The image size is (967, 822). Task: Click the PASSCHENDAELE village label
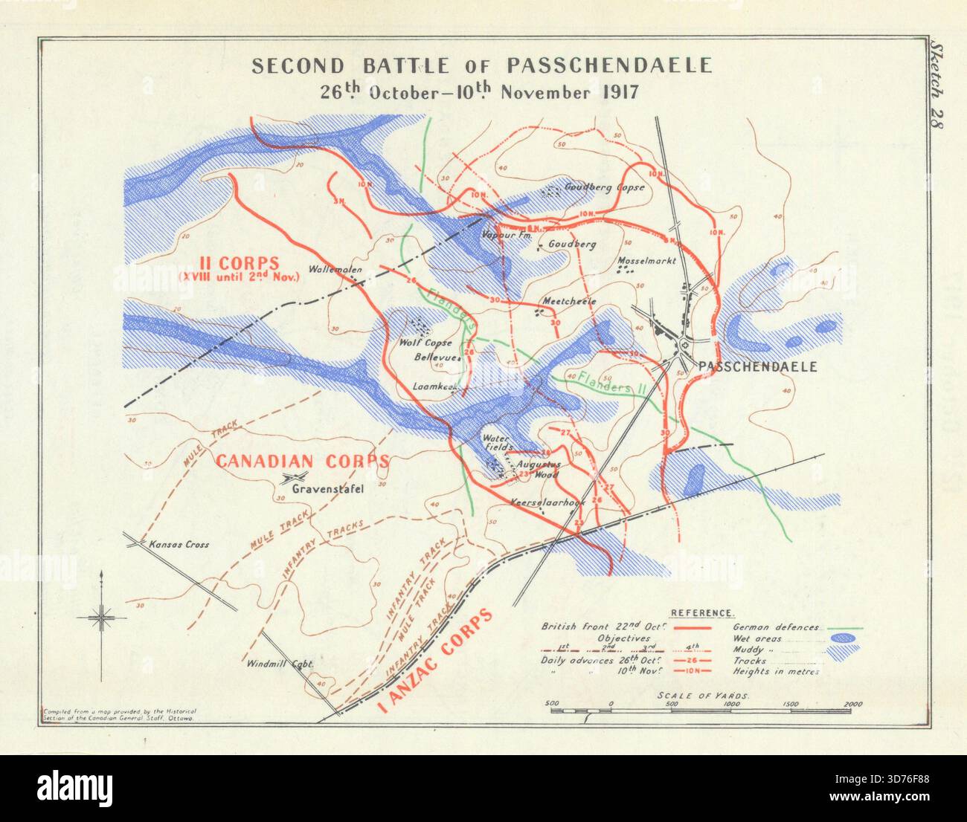coord(756,366)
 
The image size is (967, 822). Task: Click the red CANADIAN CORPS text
coord(302,461)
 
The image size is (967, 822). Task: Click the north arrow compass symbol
coord(101,615)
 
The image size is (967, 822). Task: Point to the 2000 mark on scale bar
coord(852,704)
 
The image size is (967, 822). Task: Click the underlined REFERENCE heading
coord(702,613)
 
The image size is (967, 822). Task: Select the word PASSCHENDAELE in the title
coord(609,65)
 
